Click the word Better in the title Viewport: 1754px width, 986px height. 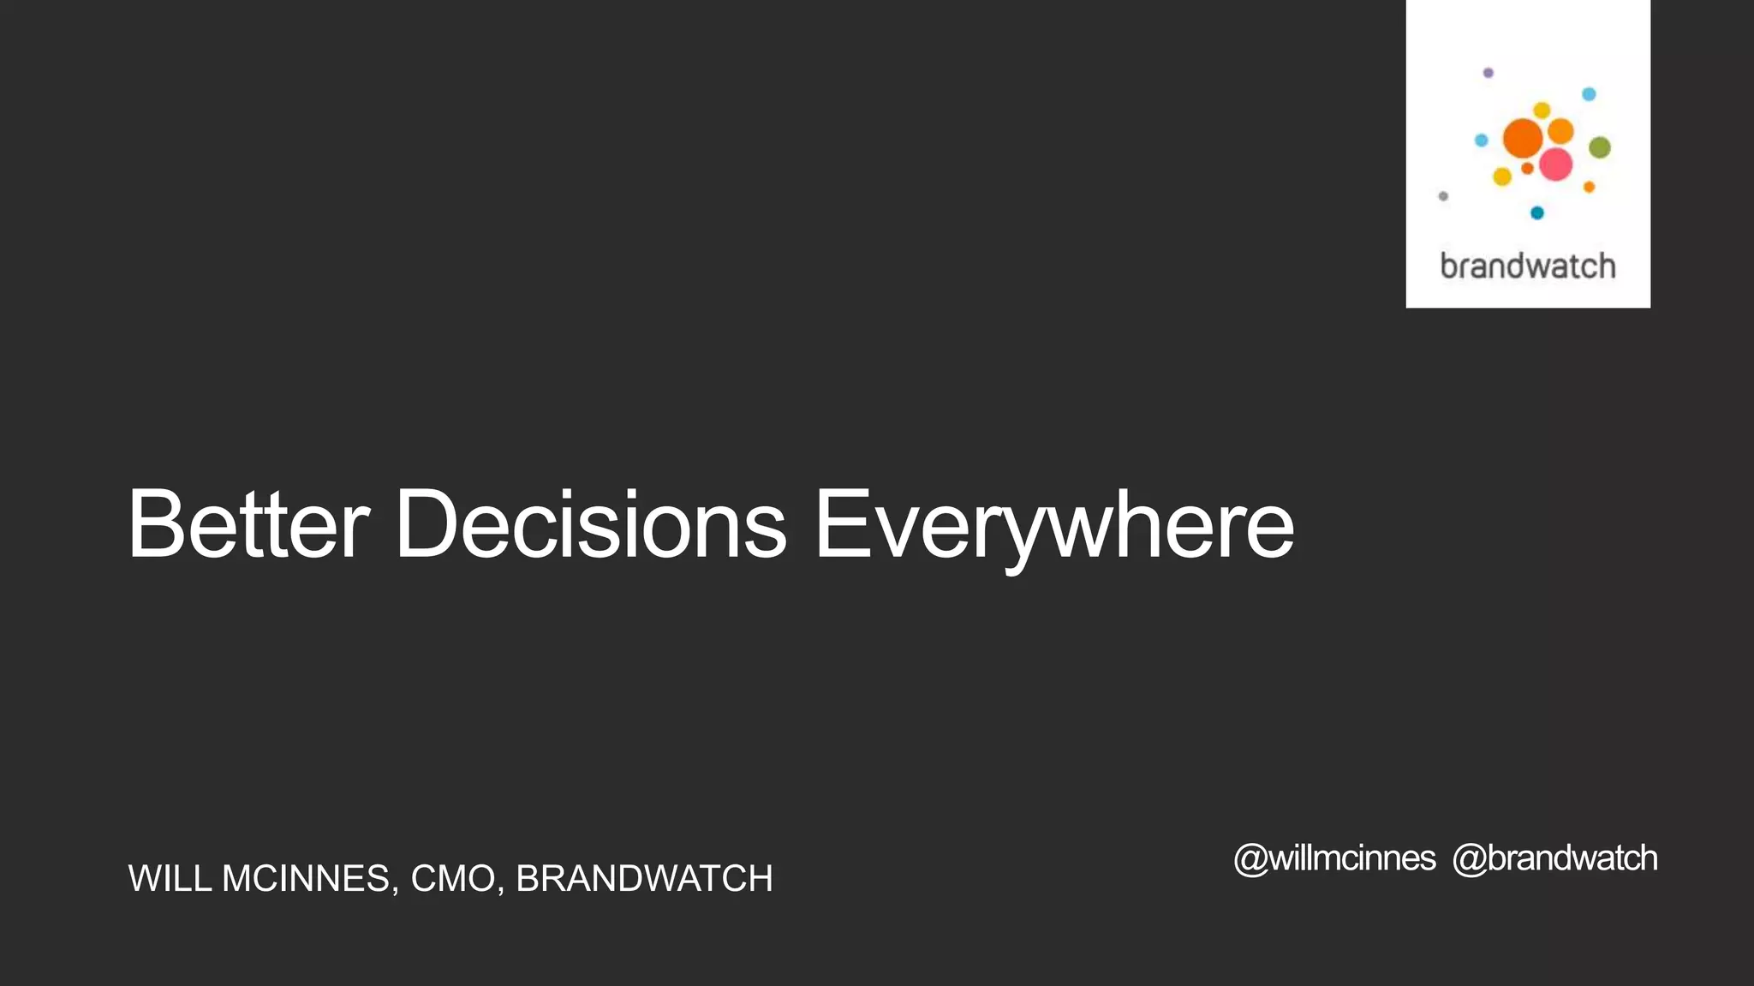(x=248, y=524)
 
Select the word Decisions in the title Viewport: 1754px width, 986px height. (x=589, y=524)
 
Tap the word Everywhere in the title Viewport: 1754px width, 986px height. (x=1053, y=524)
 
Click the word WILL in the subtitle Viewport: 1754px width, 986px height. (x=170, y=879)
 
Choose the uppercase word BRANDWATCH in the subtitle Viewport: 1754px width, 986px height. (x=644, y=879)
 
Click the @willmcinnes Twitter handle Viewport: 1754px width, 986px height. (x=1334, y=858)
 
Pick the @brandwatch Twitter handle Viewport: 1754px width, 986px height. (x=1554, y=858)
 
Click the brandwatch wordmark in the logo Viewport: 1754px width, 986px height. (x=1528, y=266)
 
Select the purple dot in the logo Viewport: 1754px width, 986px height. (x=1488, y=73)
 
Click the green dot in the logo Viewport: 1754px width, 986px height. (x=1599, y=148)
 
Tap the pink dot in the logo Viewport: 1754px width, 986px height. (x=1555, y=164)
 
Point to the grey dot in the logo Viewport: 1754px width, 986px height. (x=1443, y=196)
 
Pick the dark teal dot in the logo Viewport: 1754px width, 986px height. (x=1536, y=212)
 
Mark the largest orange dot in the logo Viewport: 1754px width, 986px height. (x=1523, y=138)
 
